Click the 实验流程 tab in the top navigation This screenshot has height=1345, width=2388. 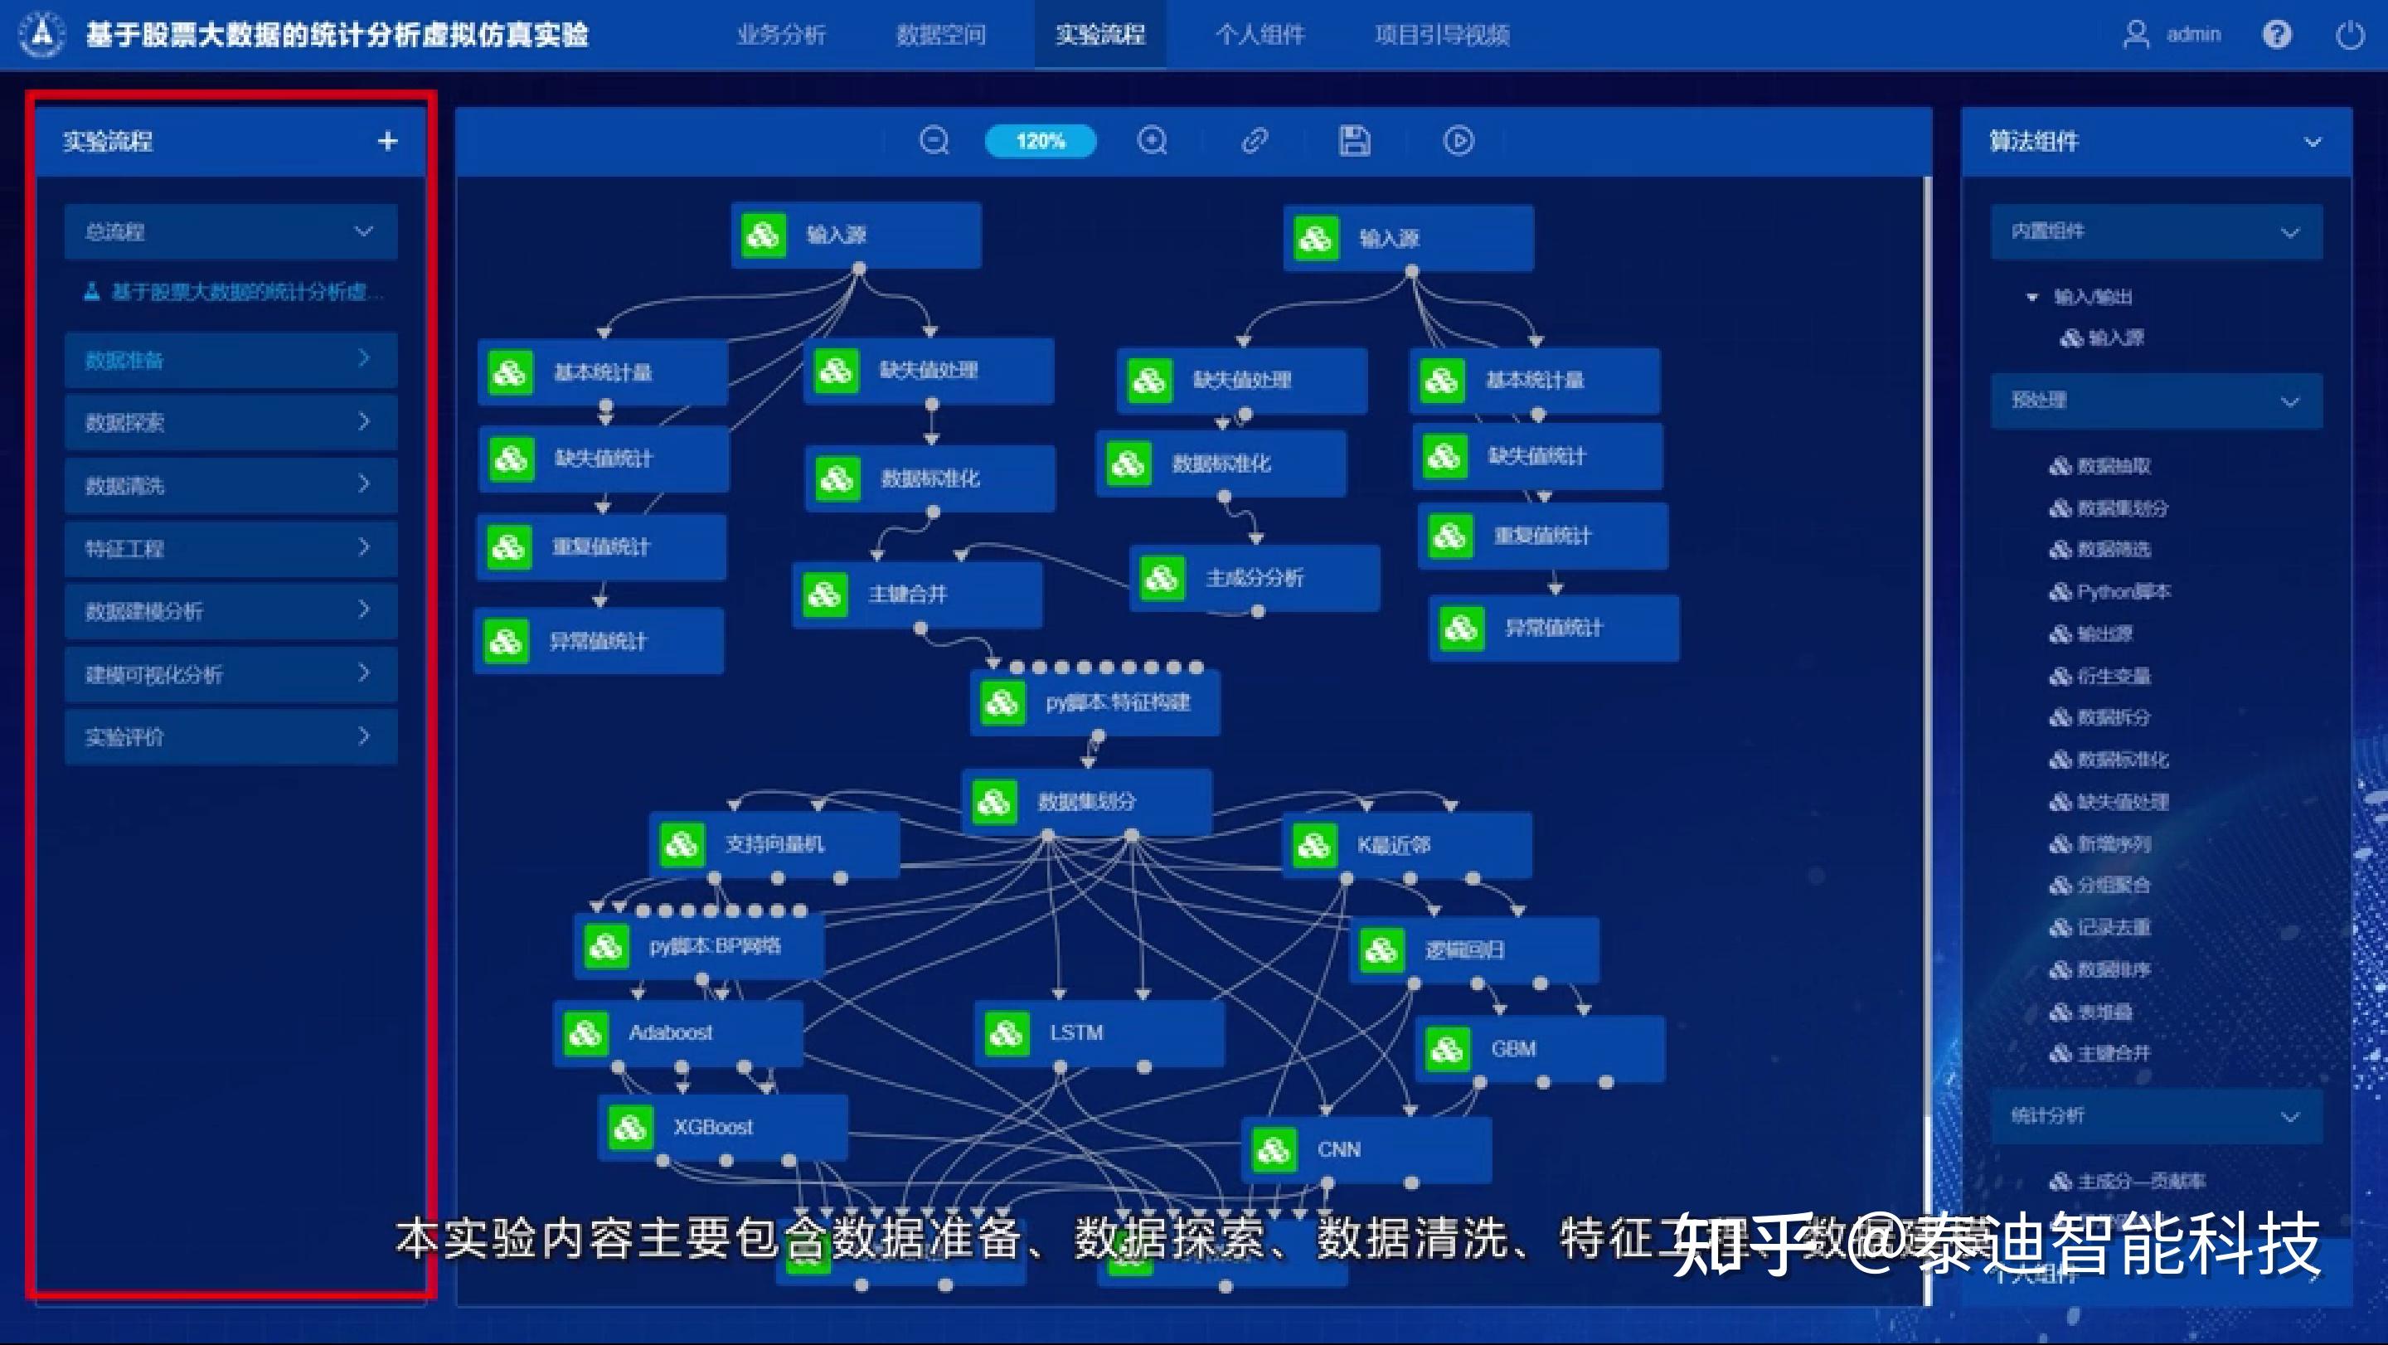coord(1099,35)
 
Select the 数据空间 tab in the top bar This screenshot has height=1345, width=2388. coord(940,35)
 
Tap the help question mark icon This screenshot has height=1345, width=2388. coord(2276,35)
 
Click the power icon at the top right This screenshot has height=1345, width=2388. coord(2349,35)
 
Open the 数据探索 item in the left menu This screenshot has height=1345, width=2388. coord(230,423)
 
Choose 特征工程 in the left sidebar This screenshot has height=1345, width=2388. coord(230,549)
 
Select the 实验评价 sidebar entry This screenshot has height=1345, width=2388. coord(230,737)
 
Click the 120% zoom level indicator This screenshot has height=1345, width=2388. coord(1040,141)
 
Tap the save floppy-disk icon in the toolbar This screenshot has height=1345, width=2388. coord(1354,141)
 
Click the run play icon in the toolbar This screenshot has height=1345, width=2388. coord(1459,141)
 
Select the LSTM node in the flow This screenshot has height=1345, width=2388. coord(1099,1032)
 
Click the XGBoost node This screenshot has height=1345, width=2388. coord(722,1127)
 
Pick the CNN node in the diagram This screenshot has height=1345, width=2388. coord(1366,1149)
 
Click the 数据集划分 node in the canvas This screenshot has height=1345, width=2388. coord(1085,801)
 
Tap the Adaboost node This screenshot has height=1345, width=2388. coord(677,1032)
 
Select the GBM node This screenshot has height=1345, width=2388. coord(1539,1049)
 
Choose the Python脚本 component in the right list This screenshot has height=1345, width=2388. coord(2122,591)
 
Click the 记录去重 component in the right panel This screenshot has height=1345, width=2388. coord(2113,927)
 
